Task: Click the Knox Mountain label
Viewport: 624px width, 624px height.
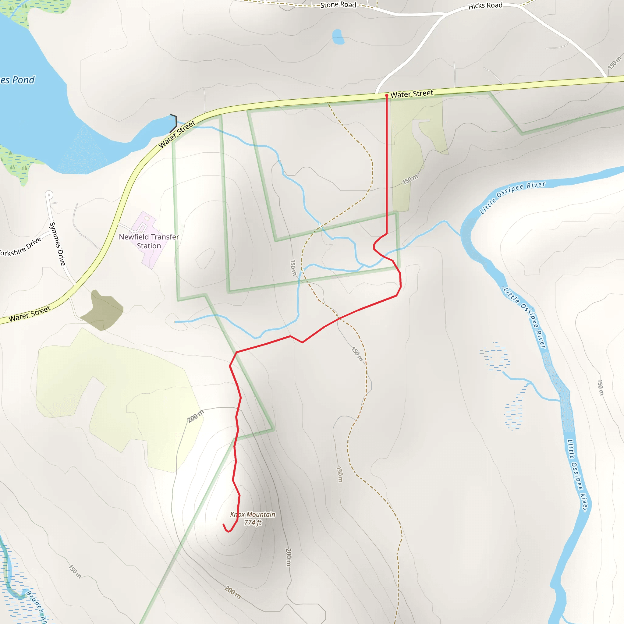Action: (253, 514)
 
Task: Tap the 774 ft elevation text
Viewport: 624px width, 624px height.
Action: (253, 523)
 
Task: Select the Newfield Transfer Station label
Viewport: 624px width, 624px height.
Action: (149, 241)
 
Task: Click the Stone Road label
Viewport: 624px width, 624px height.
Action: (338, 5)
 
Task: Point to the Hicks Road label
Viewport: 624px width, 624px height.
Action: (485, 6)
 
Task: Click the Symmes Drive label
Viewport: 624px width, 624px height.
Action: (57, 244)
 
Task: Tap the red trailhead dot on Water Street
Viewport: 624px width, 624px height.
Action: (387, 96)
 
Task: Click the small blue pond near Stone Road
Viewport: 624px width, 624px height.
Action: (338, 37)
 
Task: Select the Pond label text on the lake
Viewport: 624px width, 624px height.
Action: (18, 80)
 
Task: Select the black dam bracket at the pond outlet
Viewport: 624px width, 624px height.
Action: (174, 123)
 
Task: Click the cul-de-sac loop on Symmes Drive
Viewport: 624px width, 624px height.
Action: (49, 195)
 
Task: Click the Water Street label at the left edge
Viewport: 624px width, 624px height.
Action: (30, 314)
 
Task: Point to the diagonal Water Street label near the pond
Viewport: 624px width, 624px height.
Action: (177, 134)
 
